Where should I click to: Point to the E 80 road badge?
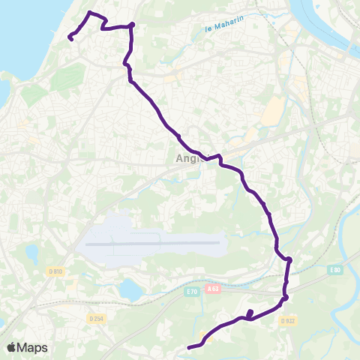[x=334, y=269]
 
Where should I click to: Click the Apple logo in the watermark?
[x=12, y=347]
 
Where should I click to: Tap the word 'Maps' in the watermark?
[x=32, y=347]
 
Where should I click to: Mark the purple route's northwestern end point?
[x=70, y=37]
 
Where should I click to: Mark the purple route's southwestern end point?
[x=188, y=346]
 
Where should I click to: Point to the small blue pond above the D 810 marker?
[x=31, y=253]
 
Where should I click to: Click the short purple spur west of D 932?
[x=250, y=313]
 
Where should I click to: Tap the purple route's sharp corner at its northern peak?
[x=90, y=13]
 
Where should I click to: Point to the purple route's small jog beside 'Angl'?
[x=219, y=158]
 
